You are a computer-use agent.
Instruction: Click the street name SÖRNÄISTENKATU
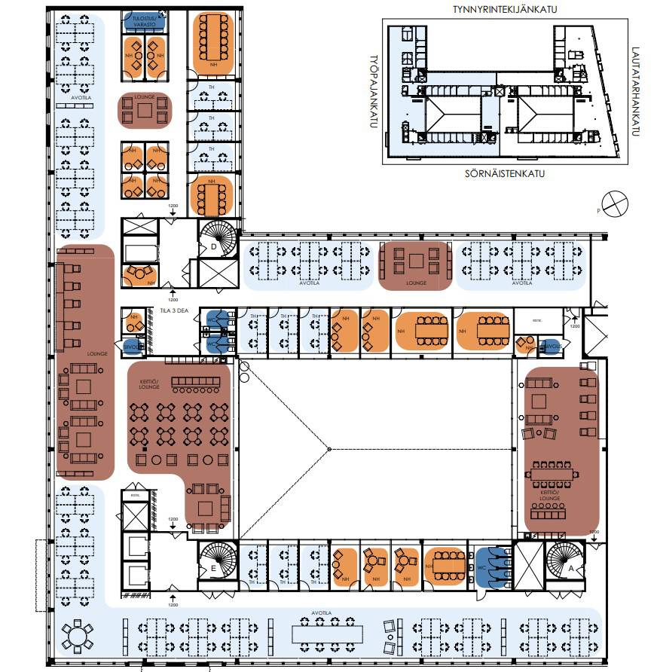click(500, 173)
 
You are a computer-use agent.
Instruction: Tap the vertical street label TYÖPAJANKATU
click(372, 90)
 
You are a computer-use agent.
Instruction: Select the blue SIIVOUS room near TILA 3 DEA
click(133, 346)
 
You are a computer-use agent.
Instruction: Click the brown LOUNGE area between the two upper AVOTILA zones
click(414, 265)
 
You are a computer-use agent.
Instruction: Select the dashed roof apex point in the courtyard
click(329, 449)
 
